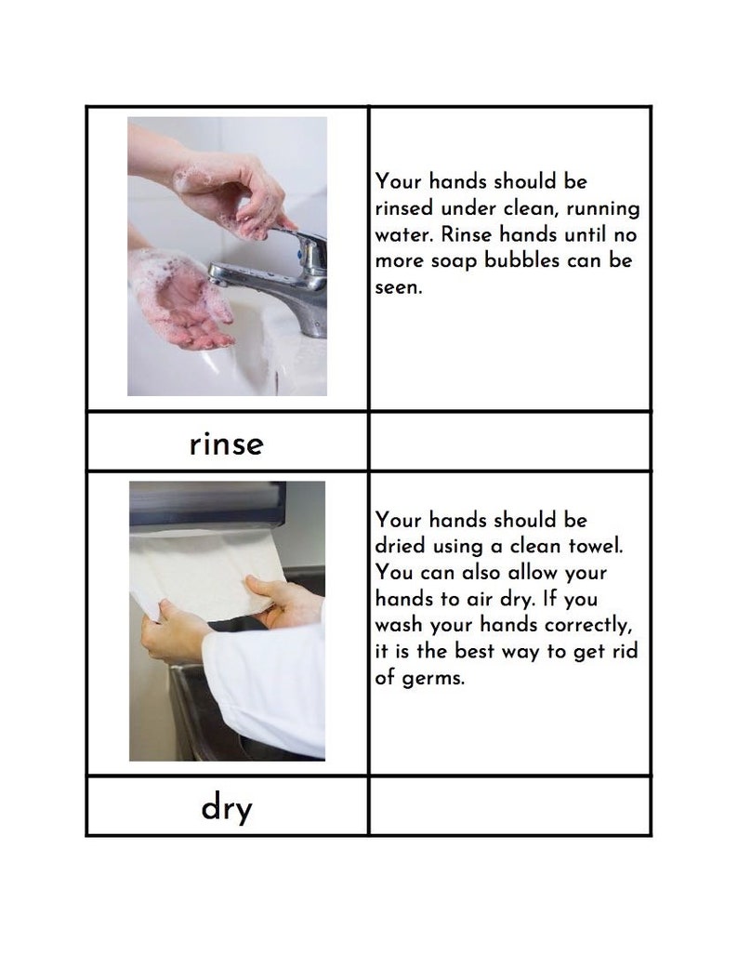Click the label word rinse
tap(226, 444)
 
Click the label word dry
tap(226, 809)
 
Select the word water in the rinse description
tap(402, 234)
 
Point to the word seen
tap(398, 288)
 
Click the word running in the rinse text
tap(602, 208)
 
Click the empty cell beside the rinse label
tap(509, 442)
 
